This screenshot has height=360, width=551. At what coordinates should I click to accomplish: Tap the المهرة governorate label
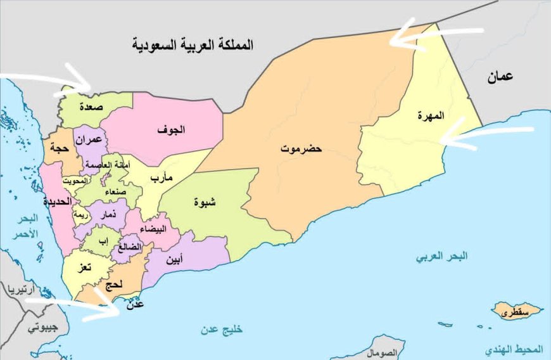coord(431,116)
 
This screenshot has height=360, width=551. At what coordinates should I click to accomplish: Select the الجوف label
coord(172,130)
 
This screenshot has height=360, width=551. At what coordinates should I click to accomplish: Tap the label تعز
coord(84,268)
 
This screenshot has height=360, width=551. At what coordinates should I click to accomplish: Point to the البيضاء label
coord(156,229)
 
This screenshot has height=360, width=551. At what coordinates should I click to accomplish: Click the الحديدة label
coord(56,203)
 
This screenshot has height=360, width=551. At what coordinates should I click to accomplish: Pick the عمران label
coord(89,139)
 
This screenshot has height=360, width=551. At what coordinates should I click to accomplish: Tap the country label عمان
coord(500,77)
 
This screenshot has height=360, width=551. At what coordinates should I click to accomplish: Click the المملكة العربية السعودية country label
coord(193,45)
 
